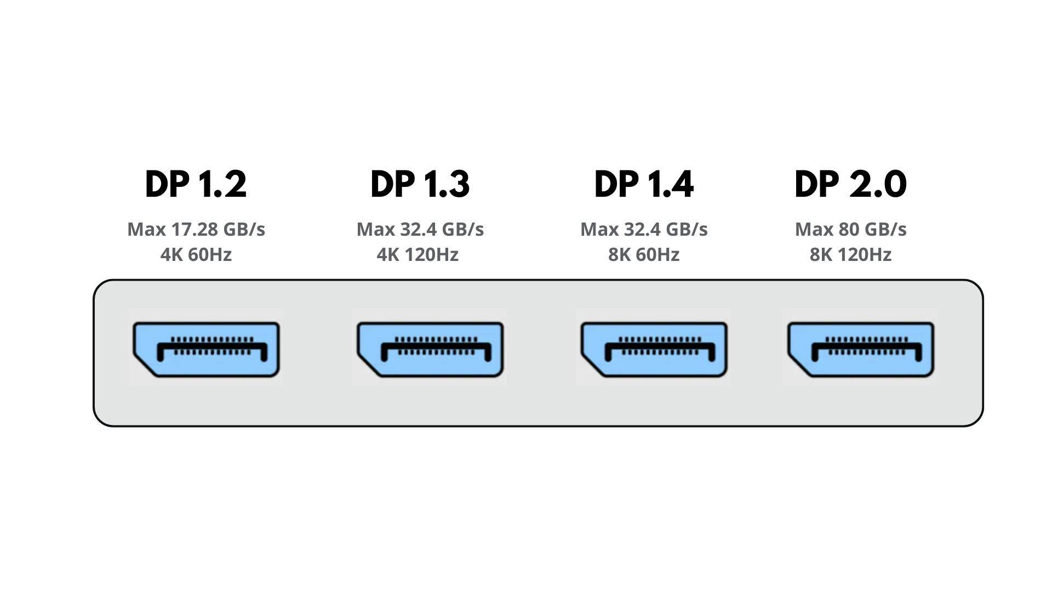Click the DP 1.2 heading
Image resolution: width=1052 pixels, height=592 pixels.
click(x=196, y=184)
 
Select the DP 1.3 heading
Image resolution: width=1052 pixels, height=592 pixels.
click(x=420, y=184)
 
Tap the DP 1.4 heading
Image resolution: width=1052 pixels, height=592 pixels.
click(x=644, y=184)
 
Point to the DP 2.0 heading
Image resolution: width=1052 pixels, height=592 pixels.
click(x=850, y=184)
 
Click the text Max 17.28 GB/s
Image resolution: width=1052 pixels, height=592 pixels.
click(x=196, y=229)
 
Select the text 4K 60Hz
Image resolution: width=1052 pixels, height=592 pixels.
click(x=196, y=255)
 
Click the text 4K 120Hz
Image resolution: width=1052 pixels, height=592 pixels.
click(x=418, y=255)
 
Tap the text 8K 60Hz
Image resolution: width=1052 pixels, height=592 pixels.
click(x=644, y=255)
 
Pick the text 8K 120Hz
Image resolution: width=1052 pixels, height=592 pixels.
click(x=850, y=255)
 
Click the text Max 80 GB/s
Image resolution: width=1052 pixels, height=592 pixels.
click(x=850, y=229)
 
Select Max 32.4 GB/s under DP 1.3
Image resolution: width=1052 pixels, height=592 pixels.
click(x=420, y=229)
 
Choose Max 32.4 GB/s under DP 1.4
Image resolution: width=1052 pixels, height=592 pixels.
click(x=644, y=229)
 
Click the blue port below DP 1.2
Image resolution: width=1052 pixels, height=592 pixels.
click(x=207, y=349)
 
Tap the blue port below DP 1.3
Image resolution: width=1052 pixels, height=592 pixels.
click(x=430, y=349)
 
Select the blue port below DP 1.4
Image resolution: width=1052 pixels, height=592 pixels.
click(x=654, y=349)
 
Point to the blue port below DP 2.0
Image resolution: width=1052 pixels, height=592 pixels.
click(x=861, y=349)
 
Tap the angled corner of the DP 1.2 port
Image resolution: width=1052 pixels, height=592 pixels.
click(x=144, y=366)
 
